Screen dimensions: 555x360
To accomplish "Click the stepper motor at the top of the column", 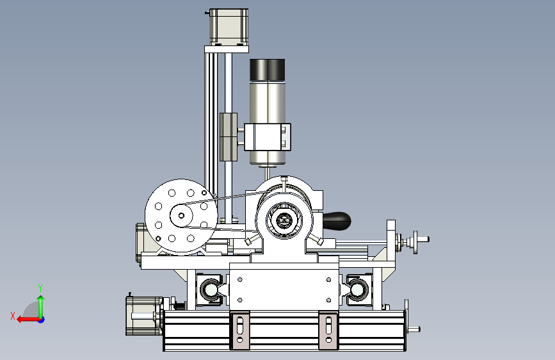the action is pyautogui.click(x=229, y=27).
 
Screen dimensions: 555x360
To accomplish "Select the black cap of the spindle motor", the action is pyautogui.click(x=267, y=69).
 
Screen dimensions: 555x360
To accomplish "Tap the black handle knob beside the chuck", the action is pyautogui.click(x=337, y=221).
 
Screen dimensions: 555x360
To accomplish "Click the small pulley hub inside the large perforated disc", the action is pyautogui.click(x=181, y=215).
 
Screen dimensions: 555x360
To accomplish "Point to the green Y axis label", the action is pyautogui.click(x=40, y=288).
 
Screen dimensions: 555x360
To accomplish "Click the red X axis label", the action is pyautogui.click(x=13, y=316).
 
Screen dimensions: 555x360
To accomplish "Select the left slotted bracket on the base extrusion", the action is pyautogui.click(x=240, y=331).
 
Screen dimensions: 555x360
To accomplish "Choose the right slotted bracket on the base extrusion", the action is pyautogui.click(x=329, y=331).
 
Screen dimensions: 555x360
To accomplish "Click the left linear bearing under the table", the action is pyautogui.click(x=209, y=290).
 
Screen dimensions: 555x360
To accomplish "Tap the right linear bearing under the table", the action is pyautogui.click(x=358, y=290).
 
